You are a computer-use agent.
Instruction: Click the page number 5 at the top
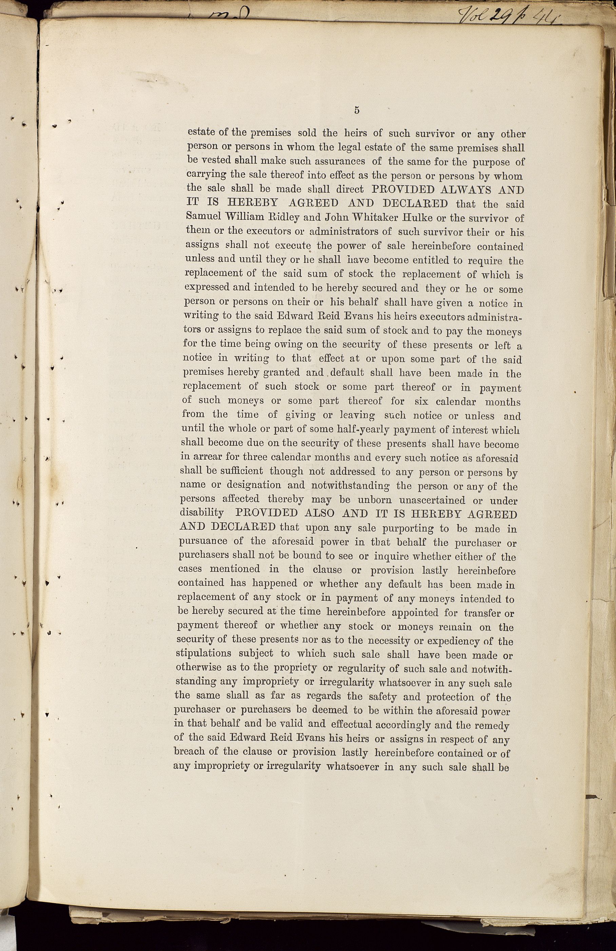(357, 110)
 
